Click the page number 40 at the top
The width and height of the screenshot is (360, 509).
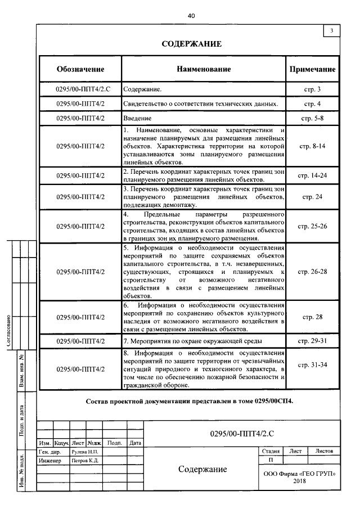coord(191,16)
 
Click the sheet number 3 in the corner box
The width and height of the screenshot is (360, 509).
coord(332,30)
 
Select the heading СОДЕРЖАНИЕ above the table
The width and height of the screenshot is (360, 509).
coord(191,44)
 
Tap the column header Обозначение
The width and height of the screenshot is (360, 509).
coord(80,69)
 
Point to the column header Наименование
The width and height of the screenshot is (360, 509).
coord(204,69)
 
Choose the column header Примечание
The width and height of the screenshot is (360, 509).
coord(312,69)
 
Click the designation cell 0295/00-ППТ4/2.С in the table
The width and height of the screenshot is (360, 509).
coord(80,89)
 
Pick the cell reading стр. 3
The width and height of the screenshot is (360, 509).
coord(312,89)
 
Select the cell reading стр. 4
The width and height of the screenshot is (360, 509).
coord(312,104)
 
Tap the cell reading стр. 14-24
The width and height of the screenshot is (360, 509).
coord(312,175)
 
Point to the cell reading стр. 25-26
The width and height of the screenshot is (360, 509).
coord(312,226)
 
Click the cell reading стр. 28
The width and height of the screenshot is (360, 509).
coord(312,317)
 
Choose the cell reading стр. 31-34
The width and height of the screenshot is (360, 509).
coord(312,365)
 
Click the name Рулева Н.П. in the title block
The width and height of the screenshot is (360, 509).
coord(85,452)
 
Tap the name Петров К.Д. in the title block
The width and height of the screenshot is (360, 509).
coord(85,461)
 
